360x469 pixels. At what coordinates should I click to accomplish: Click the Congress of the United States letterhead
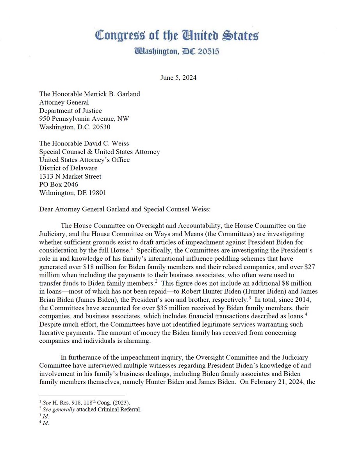177,36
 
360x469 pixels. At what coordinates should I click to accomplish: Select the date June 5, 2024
178,78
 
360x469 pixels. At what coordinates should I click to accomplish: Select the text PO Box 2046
59,184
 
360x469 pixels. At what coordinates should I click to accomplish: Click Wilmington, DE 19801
73,193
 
